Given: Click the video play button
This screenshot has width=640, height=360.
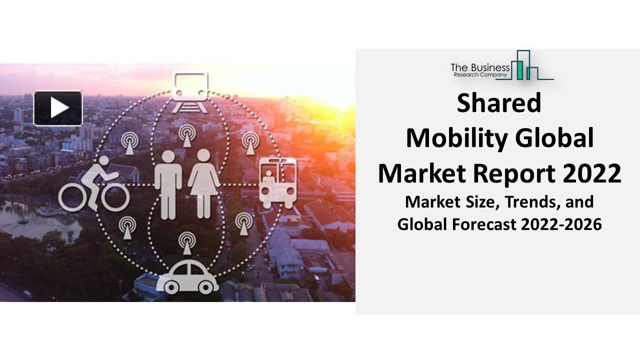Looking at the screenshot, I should tap(57, 107).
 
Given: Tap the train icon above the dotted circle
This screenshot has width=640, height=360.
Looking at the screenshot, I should tap(190, 86).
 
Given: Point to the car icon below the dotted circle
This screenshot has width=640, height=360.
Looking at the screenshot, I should tap(188, 278).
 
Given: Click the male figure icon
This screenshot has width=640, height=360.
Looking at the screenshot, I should tap(168, 183).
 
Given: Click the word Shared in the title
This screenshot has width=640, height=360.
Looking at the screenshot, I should tap(499, 103).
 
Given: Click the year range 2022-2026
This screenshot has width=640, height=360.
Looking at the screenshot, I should tap(561, 224).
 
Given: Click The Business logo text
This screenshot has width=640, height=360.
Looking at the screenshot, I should tap(480, 67).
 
